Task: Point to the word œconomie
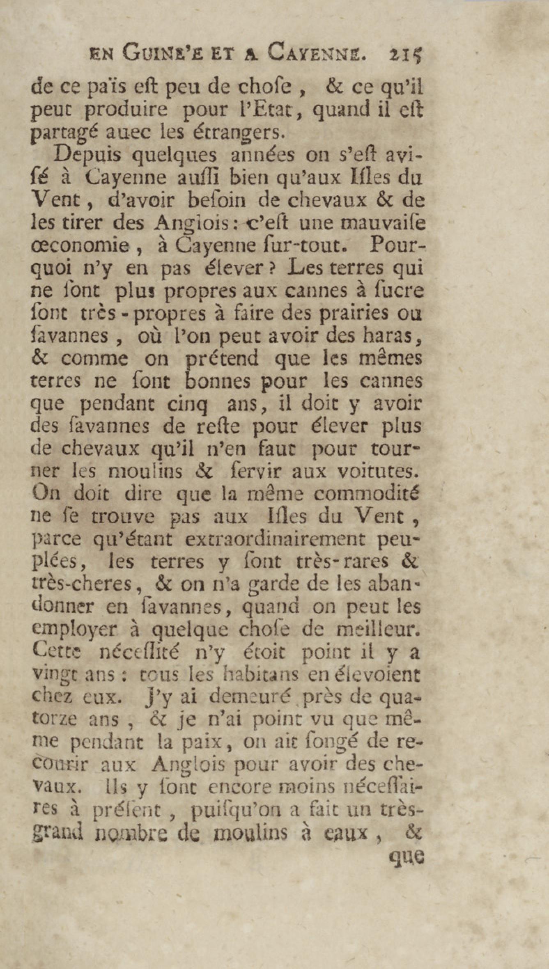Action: pyautogui.click(x=81, y=246)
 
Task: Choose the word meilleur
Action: pyautogui.click(x=378, y=629)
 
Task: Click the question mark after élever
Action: pyautogui.click(x=270, y=268)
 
